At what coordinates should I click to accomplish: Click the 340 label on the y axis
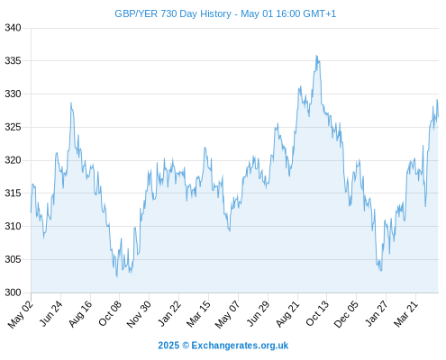[13, 28]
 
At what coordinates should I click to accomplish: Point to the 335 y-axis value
[13, 61]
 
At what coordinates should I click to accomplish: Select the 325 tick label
[13, 127]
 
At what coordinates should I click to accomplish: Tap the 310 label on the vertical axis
[13, 226]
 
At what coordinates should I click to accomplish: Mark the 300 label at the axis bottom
[13, 292]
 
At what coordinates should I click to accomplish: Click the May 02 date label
[21, 314]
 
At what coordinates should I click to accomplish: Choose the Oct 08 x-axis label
[110, 313]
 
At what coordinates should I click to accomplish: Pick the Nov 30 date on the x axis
[139, 314]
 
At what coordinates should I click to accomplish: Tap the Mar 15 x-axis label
[198, 314]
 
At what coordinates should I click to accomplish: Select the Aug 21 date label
[287, 314]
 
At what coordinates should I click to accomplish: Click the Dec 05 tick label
[346, 314]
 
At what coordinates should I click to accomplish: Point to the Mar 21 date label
[406, 314]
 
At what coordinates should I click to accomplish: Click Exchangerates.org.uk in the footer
[240, 346]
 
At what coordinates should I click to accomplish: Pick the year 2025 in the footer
[168, 346]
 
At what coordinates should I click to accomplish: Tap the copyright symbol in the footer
[186, 346]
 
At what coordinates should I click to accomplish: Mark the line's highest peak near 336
[316, 56]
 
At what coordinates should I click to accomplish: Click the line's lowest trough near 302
[117, 276]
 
